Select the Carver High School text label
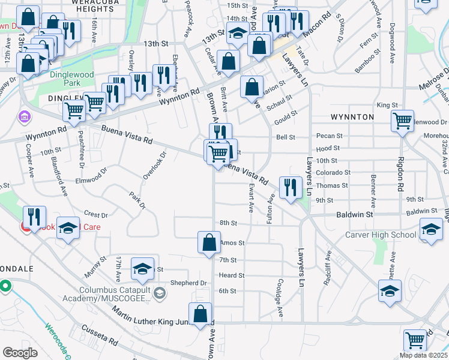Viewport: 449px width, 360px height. (x=380, y=235)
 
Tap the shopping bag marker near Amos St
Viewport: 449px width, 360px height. (x=209, y=243)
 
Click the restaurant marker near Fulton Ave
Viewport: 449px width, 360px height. (x=291, y=188)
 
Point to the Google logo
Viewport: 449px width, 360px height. (x=20, y=353)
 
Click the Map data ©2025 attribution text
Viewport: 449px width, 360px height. (x=423, y=355)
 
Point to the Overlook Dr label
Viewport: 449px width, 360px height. (x=154, y=166)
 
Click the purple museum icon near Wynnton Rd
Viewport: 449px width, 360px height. (x=24, y=116)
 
